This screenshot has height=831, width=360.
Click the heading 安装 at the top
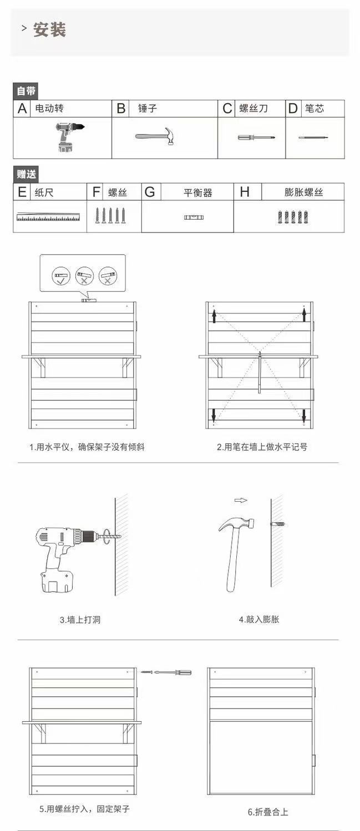(49, 30)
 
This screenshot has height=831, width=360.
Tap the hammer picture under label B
(155, 136)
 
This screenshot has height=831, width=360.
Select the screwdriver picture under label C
(249, 137)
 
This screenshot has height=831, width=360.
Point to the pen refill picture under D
(313, 137)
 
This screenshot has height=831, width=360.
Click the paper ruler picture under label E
(48, 217)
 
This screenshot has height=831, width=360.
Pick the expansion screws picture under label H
(292, 217)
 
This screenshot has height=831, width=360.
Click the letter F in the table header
(97, 192)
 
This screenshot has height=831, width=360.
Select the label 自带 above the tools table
(26, 91)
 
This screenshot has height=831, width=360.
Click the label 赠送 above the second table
(26, 174)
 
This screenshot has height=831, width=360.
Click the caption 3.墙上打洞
(80, 620)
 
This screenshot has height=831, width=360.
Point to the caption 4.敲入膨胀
(259, 619)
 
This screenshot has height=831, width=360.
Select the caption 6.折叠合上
(268, 812)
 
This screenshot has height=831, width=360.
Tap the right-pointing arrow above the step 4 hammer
(240, 500)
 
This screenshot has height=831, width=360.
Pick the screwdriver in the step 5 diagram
(172, 672)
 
